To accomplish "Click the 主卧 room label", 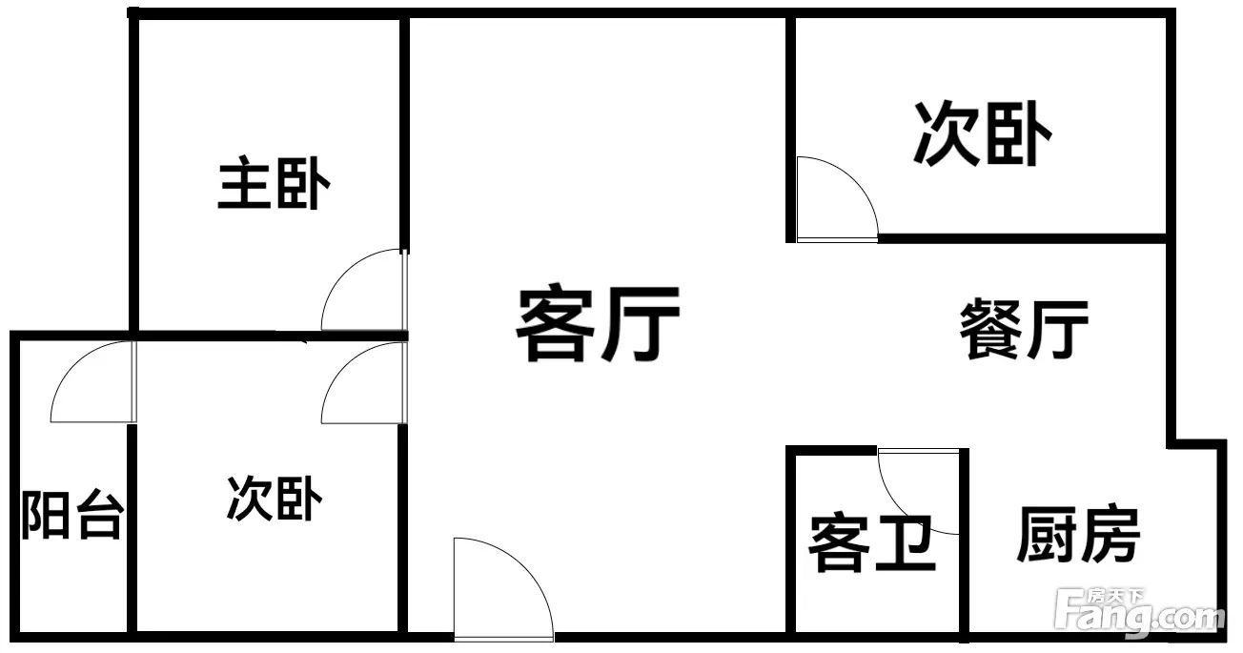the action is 275,183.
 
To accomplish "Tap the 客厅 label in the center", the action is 599,323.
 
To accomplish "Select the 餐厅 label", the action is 1024,329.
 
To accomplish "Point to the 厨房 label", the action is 1078,534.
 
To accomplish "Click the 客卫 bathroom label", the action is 872,543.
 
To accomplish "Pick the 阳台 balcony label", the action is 71,515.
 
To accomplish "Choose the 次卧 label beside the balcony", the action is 275,498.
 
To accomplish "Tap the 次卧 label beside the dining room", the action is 983,133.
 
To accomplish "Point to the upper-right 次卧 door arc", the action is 854,180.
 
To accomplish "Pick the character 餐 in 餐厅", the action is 991,329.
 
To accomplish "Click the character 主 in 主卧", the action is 244,183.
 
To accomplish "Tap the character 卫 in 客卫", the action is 906,543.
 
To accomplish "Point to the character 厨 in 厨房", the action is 1046,534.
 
